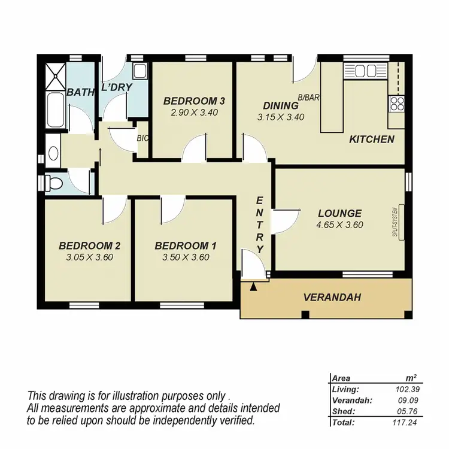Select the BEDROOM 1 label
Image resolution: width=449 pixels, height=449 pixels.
pos(186,245)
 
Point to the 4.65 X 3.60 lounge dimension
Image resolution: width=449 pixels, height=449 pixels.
pos(340,225)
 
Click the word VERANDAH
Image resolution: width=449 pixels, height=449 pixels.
pos(332,297)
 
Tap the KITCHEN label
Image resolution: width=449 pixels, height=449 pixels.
pos(371,139)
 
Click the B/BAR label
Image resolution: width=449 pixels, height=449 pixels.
pos(307,96)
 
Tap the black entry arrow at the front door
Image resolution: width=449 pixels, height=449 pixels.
pos(253,287)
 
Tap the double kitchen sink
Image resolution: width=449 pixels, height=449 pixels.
pos(366,71)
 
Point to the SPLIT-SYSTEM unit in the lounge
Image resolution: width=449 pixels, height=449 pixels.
pos(395,222)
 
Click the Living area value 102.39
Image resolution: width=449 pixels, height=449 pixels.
pos(406,389)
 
